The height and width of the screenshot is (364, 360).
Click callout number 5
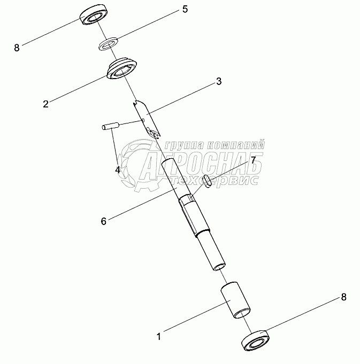pyautogui.click(x=185, y=9)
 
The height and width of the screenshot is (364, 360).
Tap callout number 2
pyautogui.click(x=46, y=104)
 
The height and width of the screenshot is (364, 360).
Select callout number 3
pyautogui.click(x=219, y=81)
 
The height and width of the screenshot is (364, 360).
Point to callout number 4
pyautogui.click(x=118, y=170)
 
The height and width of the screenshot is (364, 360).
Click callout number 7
pyautogui.click(x=253, y=160)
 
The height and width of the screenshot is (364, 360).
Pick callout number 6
pyautogui.click(x=104, y=221)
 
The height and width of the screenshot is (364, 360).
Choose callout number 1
pyautogui.click(x=159, y=337)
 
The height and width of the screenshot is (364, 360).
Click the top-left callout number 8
pyautogui.click(x=17, y=48)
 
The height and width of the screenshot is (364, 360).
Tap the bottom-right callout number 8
pyautogui.click(x=344, y=297)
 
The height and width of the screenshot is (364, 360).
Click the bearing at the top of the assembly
pyautogui.click(x=94, y=14)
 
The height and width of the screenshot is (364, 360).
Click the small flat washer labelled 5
pyautogui.click(x=108, y=44)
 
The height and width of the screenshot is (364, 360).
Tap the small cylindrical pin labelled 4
pyautogui.click(x=111, y=126)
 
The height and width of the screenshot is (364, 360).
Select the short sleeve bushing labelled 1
pyautogui.click(x=235, y=300)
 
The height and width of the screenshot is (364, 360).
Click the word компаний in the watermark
pyautogui.click(x=235, y=145)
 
